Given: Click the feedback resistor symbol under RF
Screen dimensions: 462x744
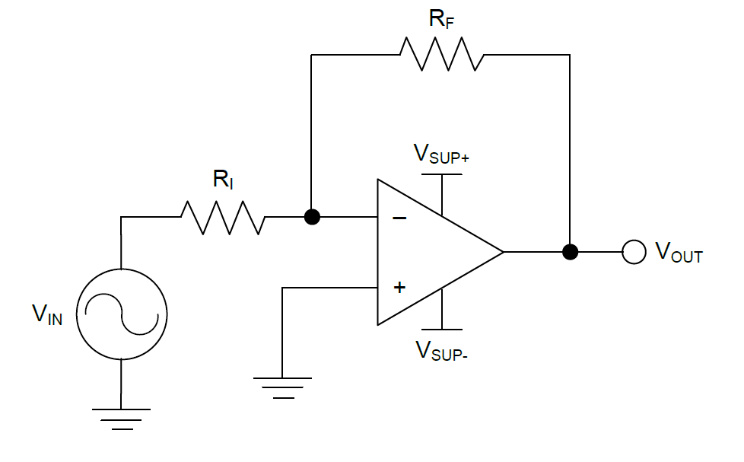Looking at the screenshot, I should click(x=441, y=55).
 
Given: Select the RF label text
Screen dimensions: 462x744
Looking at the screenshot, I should click(x=442, y=20).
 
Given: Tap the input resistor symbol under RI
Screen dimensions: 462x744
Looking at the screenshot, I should click(x=223, y=218).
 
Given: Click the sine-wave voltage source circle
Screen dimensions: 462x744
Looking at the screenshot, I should click(x=122, y=314).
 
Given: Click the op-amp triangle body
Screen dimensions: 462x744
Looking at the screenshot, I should click(x=426, y=252).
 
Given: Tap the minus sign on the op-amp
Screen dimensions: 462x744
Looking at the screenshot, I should click(x=399, y=218).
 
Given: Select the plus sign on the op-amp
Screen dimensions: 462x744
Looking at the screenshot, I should click(x=399, y=288).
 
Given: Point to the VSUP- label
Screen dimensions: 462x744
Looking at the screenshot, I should click(x=441, y=350).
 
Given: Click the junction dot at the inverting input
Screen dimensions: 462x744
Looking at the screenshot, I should click(x=311, y=218).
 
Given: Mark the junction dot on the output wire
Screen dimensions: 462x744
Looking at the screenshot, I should click(x=569, y=251).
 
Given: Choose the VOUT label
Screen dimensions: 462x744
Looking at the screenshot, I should click(x=679, y=252).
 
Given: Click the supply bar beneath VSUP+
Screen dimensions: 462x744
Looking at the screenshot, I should click(x=442, y=175).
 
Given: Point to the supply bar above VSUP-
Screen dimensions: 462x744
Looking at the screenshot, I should click(x=442, y=329).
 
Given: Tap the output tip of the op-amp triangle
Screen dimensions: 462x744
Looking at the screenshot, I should click(x=502, y=251).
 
